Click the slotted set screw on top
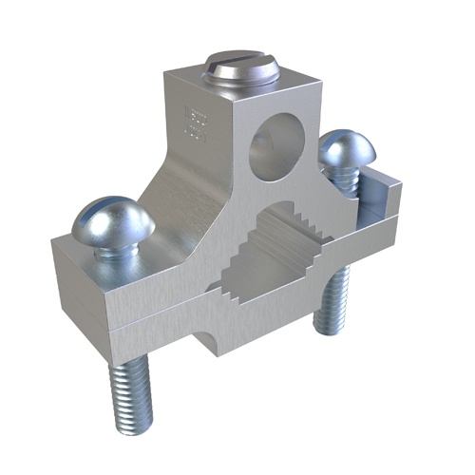click(240, 70)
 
